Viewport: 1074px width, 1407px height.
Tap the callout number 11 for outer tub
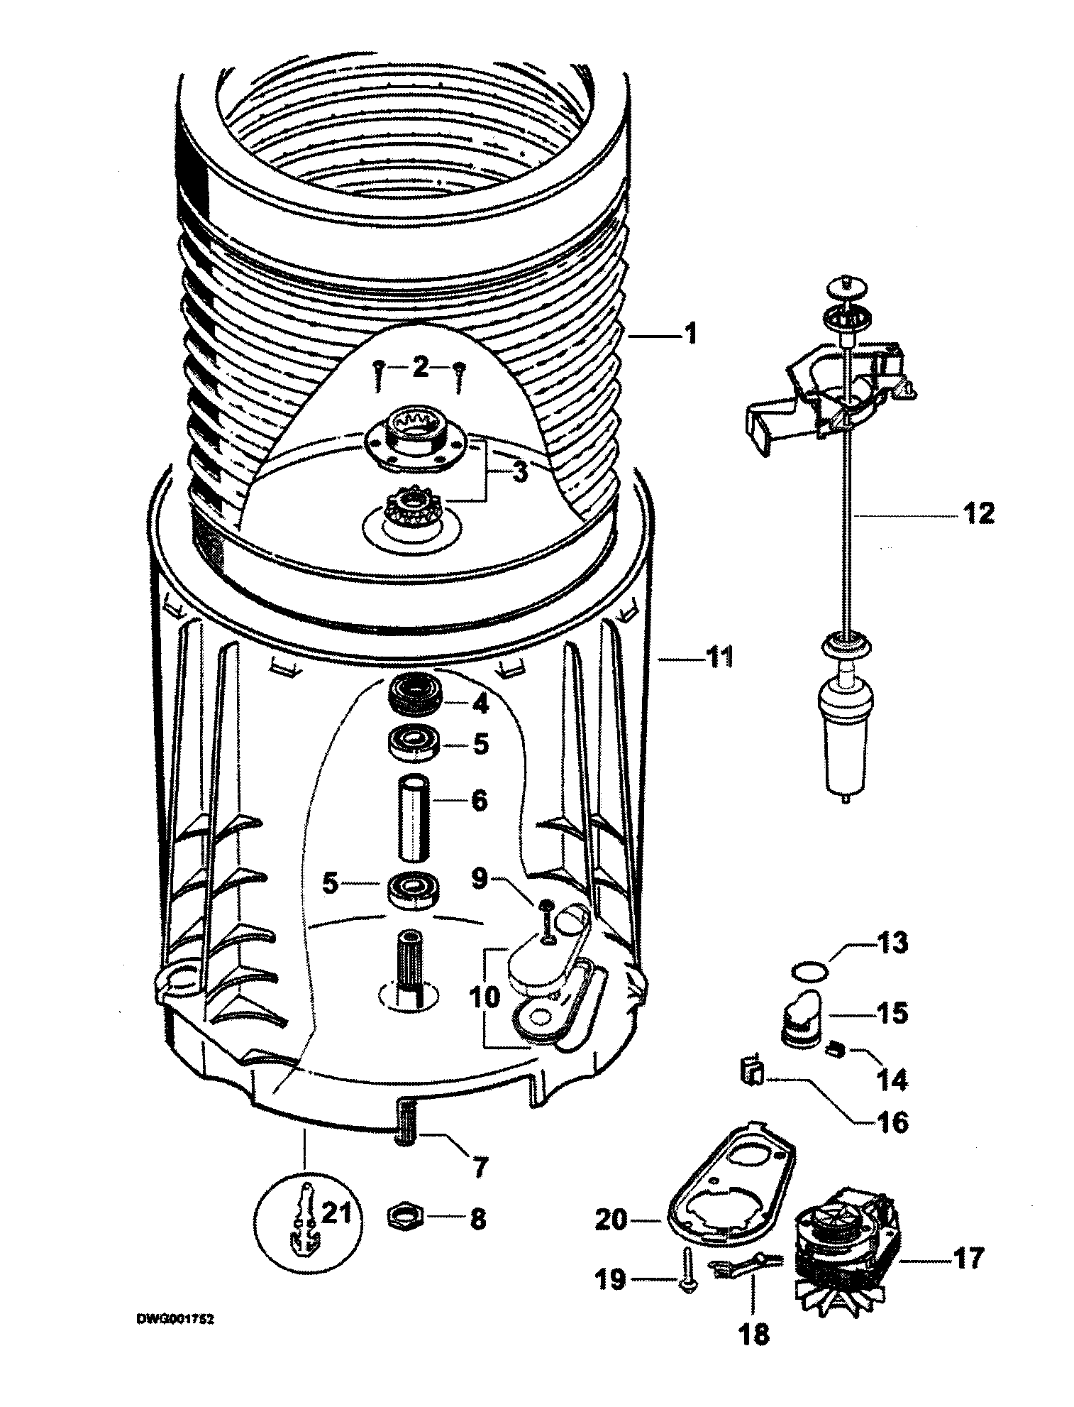point(716,659)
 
